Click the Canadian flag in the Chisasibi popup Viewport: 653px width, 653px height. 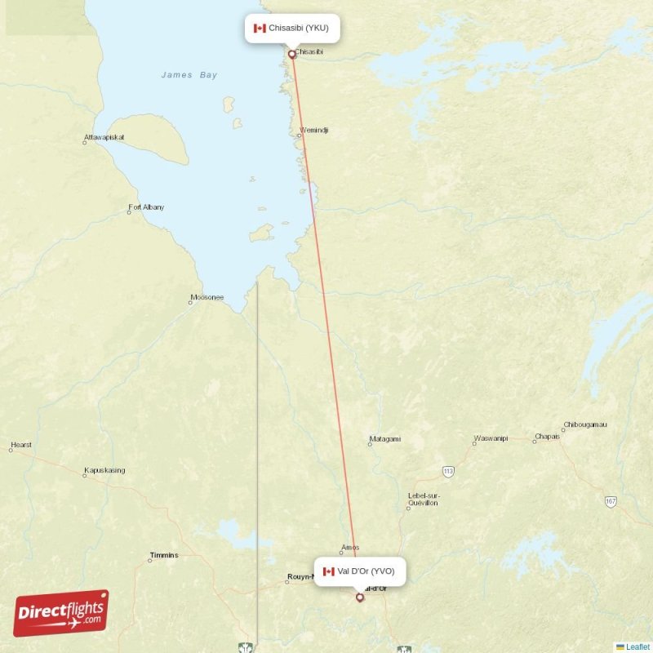coord(260,28)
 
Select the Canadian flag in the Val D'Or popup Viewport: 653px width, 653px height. coord(329,571)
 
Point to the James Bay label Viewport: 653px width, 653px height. coord(189,75)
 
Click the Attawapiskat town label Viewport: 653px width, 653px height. coord(104,137)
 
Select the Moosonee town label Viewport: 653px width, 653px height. coord(207,297)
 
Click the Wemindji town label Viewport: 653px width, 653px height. coord(314,130)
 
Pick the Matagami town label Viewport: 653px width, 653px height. coord(385,439)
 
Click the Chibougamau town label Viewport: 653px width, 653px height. coord(585,425)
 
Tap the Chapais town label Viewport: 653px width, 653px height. coord(547,437)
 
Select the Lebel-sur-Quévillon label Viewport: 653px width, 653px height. coord(424,500)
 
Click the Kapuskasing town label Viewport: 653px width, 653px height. coord(104,471)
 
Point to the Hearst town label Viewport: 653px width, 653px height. coord(21,446)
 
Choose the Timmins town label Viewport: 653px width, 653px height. coord(164,556)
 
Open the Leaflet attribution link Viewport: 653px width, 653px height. coord(637,646)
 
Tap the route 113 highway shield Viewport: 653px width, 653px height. coord(448,472)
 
